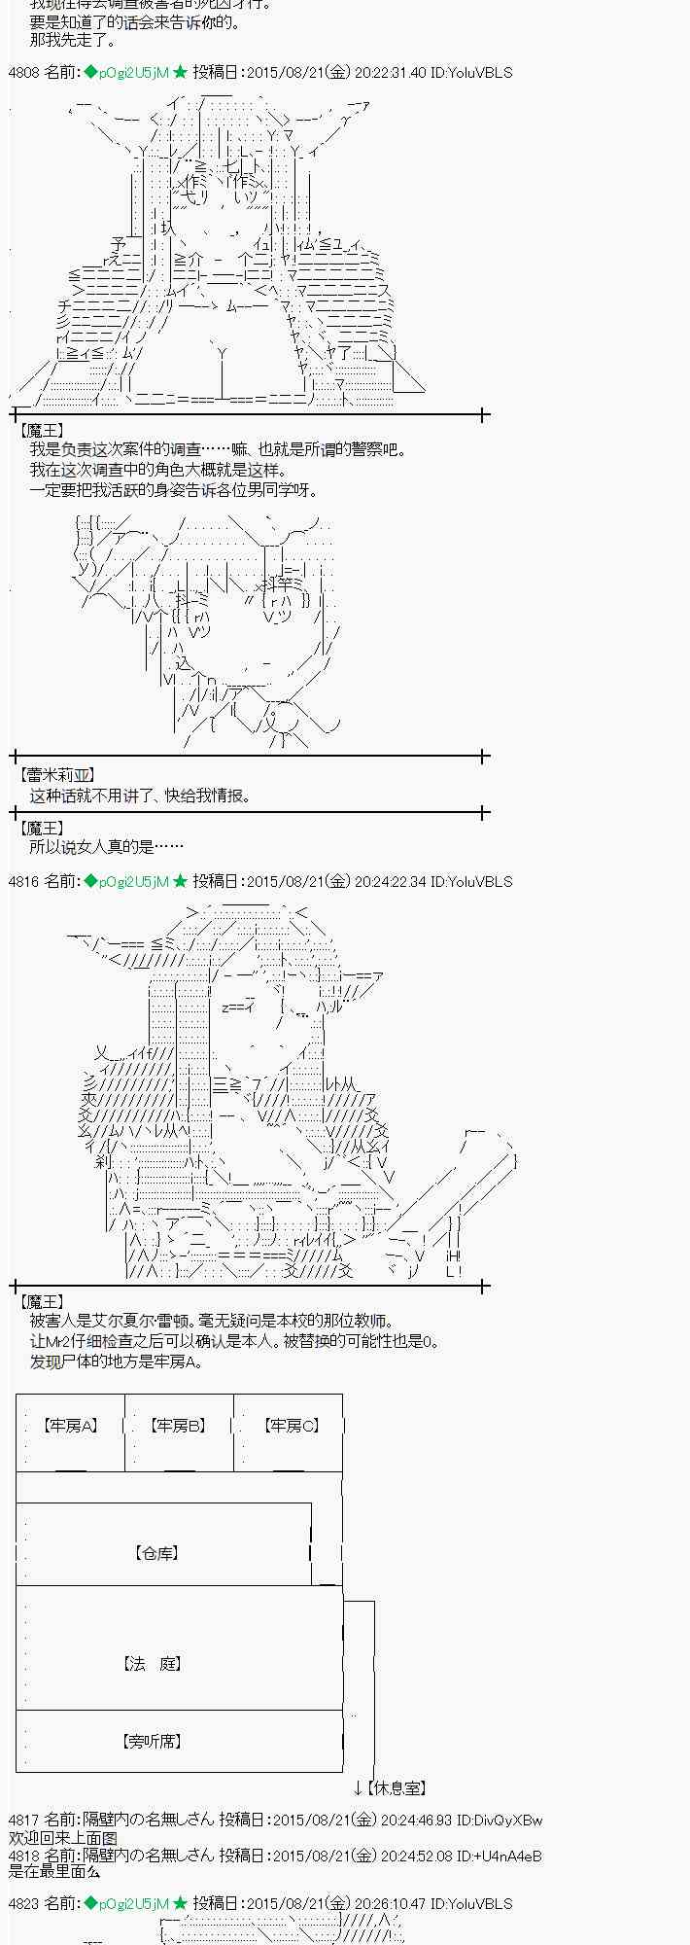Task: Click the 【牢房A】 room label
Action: point(70,1426)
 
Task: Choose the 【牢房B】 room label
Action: point(178,1426)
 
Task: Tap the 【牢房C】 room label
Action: point(291,1426)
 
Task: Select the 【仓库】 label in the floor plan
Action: point(155,1553)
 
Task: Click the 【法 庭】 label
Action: point(154,1664)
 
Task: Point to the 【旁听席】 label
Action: point(154,1741)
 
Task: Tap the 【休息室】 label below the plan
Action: point(397,1787)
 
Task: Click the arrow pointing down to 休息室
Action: point(358,1787)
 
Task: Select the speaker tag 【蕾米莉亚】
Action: point(56,775)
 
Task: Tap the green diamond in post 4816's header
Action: point(90,881)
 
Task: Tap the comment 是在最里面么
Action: point(54,1872)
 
